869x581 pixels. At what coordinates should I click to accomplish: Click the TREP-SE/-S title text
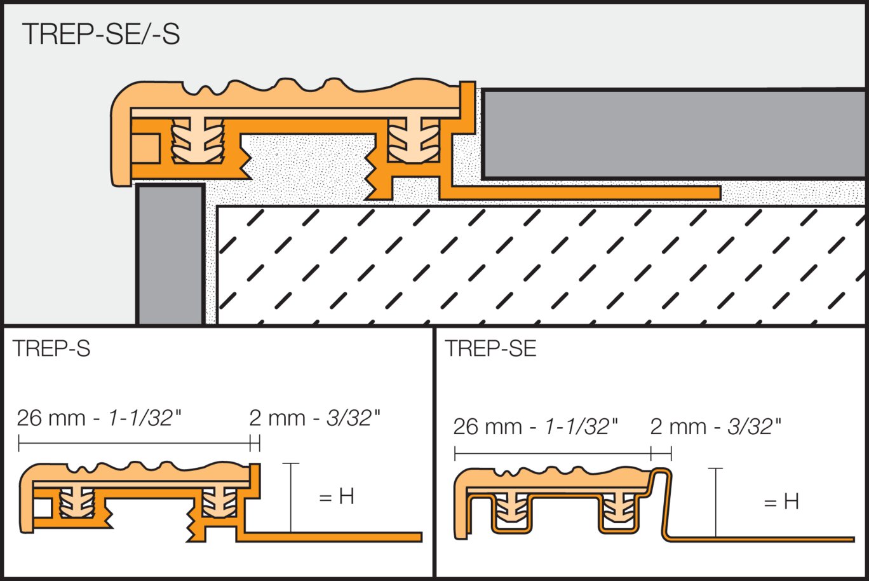pos(101,34)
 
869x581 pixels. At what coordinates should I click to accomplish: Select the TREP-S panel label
pos(51,348)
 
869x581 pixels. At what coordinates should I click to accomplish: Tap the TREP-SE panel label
pos(490,348)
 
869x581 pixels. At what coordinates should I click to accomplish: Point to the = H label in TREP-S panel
pos(337,496)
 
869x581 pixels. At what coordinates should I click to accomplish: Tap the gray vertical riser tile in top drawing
pos(170,254)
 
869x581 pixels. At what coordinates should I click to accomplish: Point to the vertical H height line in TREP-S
pos(290,497)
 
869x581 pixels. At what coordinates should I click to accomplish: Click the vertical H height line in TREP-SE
pos(715,502)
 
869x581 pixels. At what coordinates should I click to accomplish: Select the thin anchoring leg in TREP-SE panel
pos(762,540)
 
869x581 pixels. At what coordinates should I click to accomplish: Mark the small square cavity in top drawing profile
pos(146,148)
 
